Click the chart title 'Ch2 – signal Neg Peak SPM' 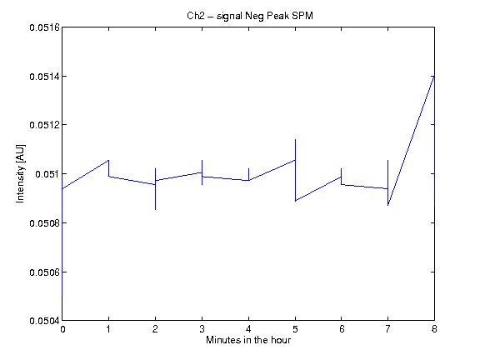point(250,16)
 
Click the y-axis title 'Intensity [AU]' point(20,173)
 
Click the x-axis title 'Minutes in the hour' point(248,340)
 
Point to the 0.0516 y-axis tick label point(45,27)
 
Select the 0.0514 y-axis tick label point(45,76)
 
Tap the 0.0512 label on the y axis point(45,125)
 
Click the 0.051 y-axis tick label point(47,174)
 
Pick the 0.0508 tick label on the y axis point(45,223)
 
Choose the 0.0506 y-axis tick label point(45,272)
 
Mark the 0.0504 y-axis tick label point(45,321)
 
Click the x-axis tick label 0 point(62,329)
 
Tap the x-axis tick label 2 point(156,329)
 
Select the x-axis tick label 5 point(295,329)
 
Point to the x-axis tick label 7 point(387,329)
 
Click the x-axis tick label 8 point(434,329)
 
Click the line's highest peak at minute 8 point(434,75)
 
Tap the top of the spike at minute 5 point(295,140)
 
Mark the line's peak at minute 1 point(108,160)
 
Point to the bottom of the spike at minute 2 point(156,210)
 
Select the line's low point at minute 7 point(387,205)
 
